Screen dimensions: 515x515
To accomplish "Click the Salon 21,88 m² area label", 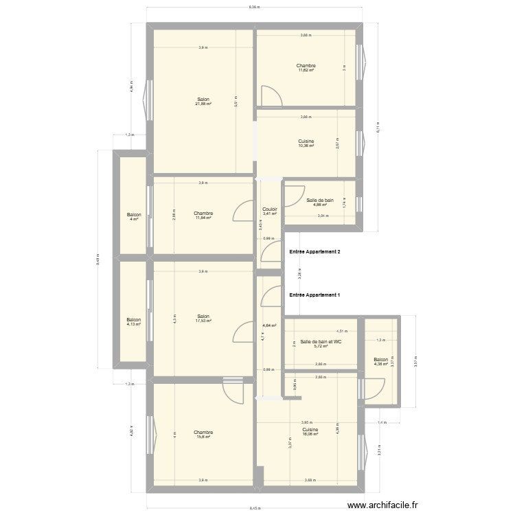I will coord(203,102).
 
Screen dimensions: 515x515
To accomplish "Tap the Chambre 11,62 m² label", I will coord(306,68).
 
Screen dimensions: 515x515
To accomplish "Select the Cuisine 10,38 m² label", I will coord(306,144).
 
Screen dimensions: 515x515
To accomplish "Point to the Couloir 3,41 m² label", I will coord(270,211).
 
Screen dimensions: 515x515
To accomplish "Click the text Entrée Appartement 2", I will coord(315,253).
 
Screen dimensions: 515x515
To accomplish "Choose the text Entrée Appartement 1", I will coord(315,295).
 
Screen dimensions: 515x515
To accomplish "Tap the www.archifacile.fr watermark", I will coord(382,505).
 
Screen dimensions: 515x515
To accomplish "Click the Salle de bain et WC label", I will coord(321,343).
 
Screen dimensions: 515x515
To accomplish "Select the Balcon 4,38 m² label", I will coord(381,361).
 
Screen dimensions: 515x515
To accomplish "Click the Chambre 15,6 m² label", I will coord(203,435).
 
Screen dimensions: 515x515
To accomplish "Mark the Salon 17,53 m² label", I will coord(203,319).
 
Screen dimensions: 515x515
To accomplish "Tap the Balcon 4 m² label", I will coord(134,218).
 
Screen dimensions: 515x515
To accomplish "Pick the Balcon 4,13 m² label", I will coord(133,321).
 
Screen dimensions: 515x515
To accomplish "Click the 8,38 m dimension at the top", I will coord(254,7).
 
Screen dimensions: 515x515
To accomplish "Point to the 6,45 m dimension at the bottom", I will coord(255,508).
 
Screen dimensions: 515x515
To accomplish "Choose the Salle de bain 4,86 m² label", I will coord(320,202).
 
